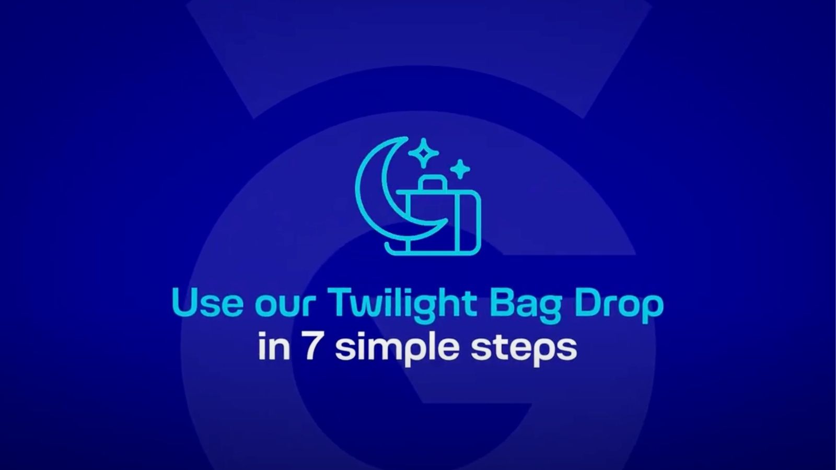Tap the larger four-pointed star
pos(424,152)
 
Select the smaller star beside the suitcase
pos(460,169)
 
